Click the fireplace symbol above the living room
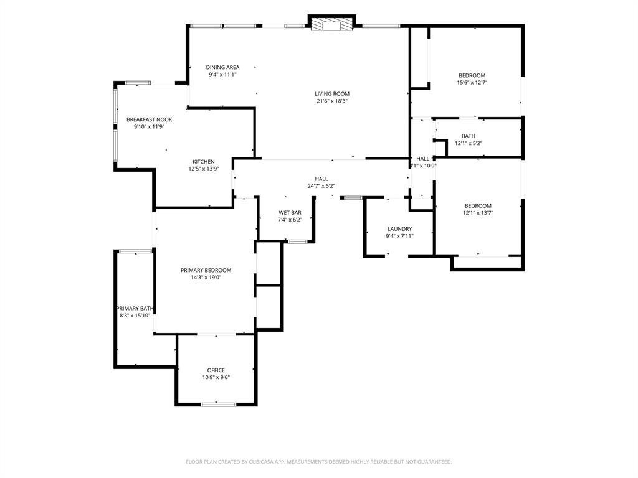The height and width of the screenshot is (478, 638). coord(331,24)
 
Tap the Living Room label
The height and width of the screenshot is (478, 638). coord(332,94)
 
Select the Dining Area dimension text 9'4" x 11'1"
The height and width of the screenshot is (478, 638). coord(222,75)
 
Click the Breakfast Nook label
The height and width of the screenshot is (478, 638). coord(150,119)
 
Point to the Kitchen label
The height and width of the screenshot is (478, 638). coord(204,162)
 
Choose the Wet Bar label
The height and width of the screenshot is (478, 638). coord(290,213)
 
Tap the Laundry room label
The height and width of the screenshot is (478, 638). coord(399,229)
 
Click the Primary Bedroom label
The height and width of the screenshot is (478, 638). coord(206,270)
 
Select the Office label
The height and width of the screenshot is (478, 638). coord(216,370)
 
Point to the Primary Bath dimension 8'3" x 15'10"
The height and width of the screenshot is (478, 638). coord(135,316)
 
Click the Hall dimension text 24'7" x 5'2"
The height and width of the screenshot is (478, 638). coord(321,186)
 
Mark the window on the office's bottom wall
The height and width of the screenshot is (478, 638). coord(219,405)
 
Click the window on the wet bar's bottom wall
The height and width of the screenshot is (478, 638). coord(297,242)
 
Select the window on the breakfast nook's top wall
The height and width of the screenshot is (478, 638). coord(138,83)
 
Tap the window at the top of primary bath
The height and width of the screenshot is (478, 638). coord(135,251)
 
